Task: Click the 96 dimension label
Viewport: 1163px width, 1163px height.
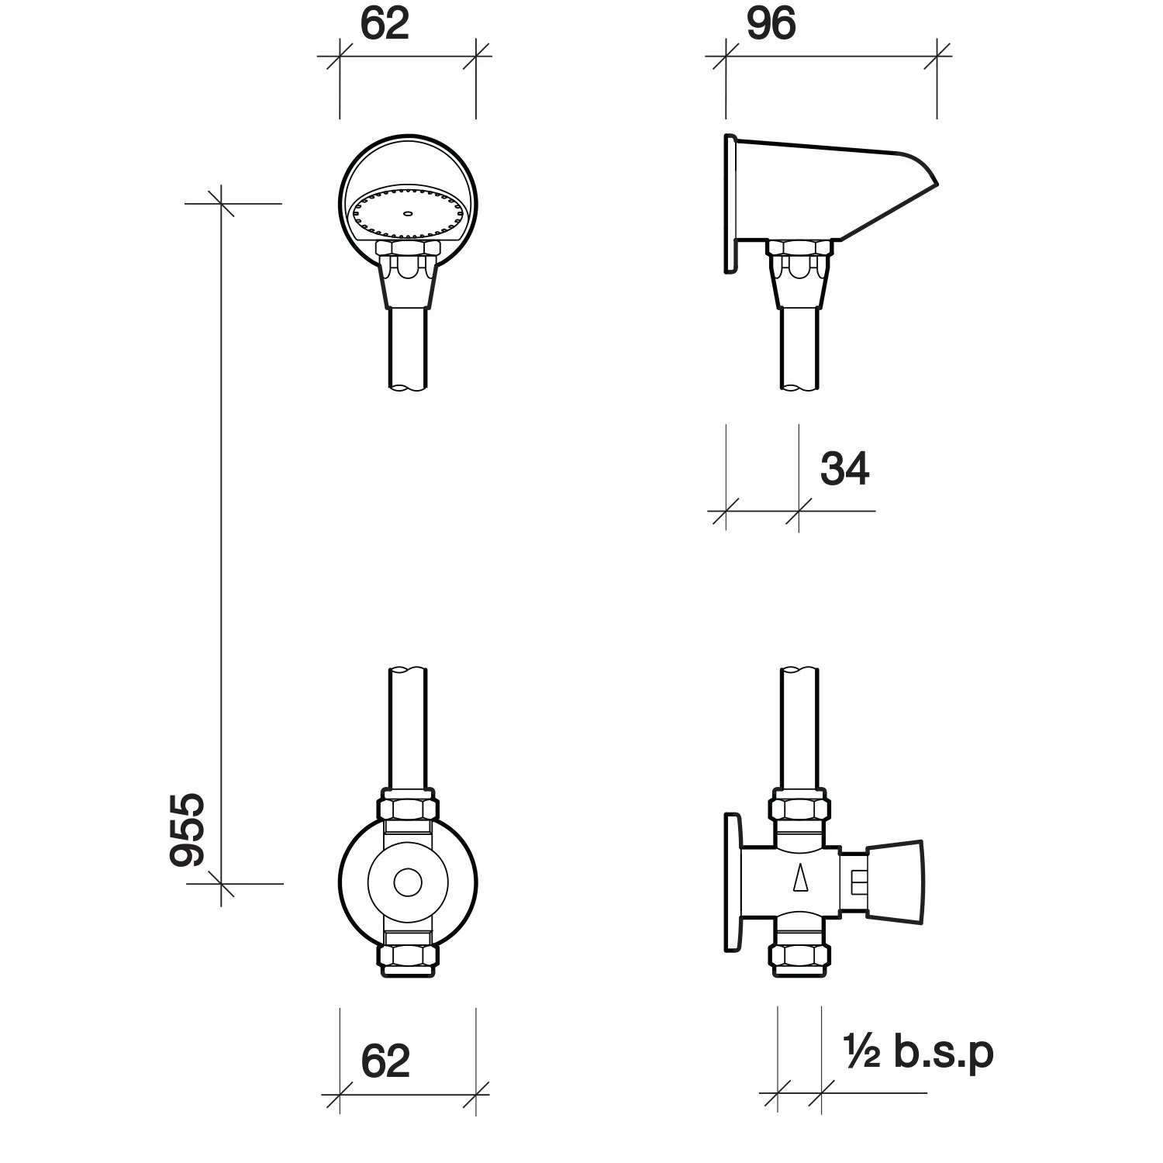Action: (771, 25)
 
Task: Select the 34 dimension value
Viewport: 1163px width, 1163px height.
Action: (844, 469)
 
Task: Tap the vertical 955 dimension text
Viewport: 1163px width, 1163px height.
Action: (188, 829)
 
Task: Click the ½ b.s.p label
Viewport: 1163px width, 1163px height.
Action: (918, 1052)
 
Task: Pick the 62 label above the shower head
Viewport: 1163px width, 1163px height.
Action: (385, 25)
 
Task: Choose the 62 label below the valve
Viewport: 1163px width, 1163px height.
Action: (385, 1061)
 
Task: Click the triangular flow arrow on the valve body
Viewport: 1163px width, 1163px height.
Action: (800, 879)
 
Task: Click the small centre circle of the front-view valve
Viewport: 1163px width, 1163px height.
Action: (408, 882)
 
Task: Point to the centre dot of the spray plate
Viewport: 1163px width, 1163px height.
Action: (408, 212)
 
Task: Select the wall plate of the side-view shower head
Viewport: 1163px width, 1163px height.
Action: (730, 204)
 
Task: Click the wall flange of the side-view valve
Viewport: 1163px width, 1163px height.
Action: (731, 882)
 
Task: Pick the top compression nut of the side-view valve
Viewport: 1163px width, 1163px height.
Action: (800, 809)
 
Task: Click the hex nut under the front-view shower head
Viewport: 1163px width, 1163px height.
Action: (408, 249)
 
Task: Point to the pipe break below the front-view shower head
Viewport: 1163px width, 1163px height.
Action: (408, 385)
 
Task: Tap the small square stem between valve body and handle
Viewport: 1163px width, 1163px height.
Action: (856, 882)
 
